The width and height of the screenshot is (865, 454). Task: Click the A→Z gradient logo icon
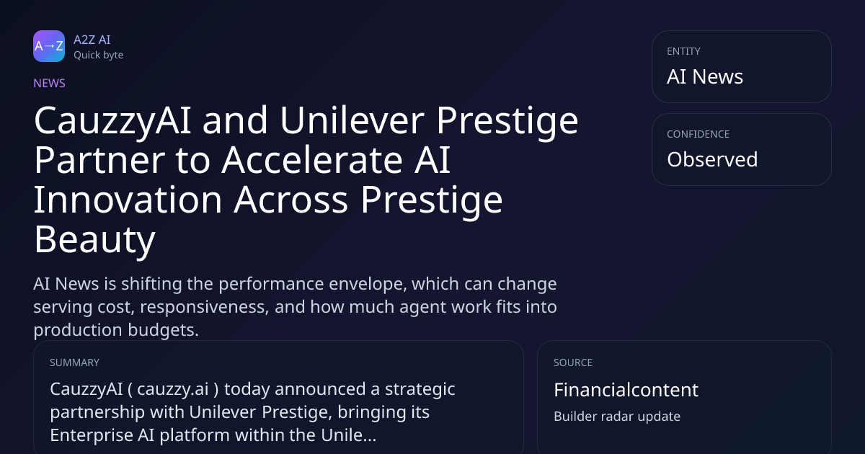49,46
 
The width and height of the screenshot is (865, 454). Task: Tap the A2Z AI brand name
92,40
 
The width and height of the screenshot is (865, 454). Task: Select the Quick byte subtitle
99,55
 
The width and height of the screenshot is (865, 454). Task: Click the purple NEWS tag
49,83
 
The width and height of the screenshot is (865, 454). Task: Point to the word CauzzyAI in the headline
112,122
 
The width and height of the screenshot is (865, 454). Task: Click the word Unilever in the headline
352,120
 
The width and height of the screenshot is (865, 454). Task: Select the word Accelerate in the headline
312,160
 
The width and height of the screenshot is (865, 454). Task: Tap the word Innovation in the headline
128,200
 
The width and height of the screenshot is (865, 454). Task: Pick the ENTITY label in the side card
683,51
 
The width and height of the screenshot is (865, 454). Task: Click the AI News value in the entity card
705,76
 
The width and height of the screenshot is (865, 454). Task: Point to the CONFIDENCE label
698,134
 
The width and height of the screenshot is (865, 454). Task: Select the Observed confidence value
712,159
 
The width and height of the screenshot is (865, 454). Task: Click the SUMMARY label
74,362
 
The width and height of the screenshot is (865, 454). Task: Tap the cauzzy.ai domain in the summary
173,389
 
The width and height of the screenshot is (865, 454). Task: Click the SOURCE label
573,362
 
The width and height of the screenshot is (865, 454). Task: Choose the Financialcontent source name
626,390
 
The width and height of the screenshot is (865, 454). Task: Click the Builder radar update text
617,417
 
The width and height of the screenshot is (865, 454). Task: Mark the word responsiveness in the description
204,307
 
